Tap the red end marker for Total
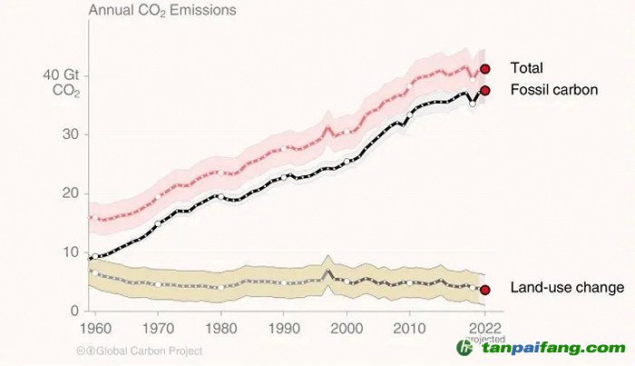coord(485,68)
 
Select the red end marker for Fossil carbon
coord(485,90)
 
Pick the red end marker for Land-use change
coord(485,290)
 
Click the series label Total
coord(527,68)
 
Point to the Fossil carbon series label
coord(553,90)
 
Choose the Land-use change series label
coord(567,288)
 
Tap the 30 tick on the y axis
coord(69,134)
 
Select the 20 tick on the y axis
coord(69,193)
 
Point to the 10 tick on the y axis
coord(69,252)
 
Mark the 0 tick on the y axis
coord(73,312)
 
